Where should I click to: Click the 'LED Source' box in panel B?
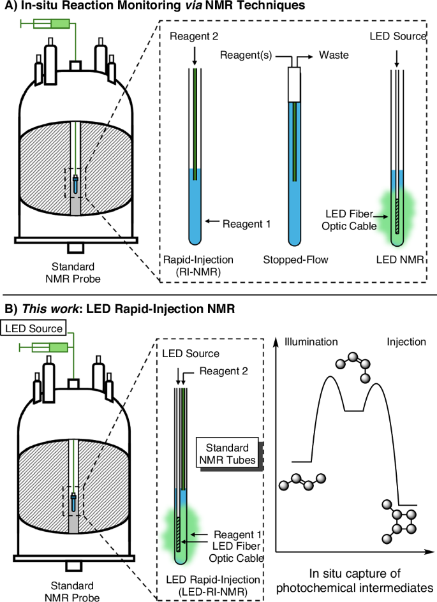click(34, 329)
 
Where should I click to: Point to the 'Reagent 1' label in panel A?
click(248, 224)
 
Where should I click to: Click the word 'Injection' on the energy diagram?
click(406, 342)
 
